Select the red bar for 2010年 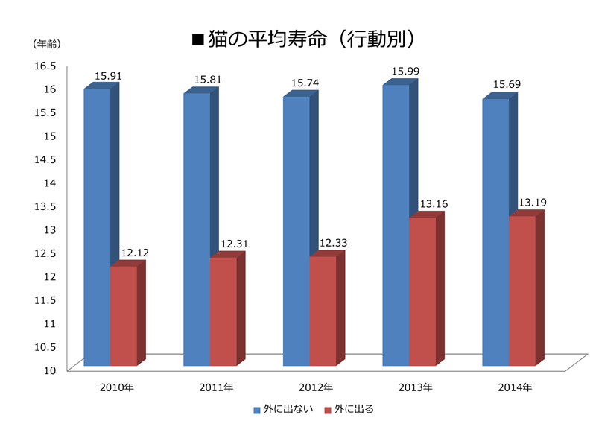(123, 316)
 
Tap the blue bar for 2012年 (296, 231)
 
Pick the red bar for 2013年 (422, 291)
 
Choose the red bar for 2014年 (522, 291)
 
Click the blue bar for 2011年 (197, 229)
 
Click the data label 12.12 (134, 253)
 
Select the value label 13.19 (533, 203)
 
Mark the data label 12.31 (234, 244)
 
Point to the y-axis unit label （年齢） (46, 44)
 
